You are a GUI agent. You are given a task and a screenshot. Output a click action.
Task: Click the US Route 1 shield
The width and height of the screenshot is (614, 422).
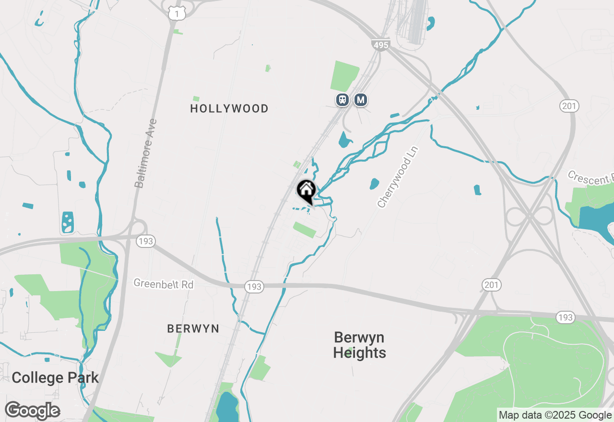(x=177, y=14)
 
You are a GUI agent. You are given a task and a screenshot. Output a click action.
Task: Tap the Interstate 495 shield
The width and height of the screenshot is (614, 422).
(x=380, y=45)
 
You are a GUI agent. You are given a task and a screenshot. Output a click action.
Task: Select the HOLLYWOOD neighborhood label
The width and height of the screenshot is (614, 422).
(x=229, y=109)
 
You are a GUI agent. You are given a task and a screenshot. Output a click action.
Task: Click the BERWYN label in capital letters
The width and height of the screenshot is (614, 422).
(x=193, y=329)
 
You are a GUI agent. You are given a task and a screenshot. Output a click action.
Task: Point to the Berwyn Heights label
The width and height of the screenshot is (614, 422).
(x=359, y=345)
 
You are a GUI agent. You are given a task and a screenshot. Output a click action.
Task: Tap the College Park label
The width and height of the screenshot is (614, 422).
(x=55, y=378)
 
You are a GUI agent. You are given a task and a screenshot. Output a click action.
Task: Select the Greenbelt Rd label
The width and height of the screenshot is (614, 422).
(x=163, y=284)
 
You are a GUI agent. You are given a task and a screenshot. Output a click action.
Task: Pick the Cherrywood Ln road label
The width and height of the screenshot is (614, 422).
(x=398, y=177)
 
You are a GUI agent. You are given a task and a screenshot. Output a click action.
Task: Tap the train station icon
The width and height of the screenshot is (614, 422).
(x=342, y=100)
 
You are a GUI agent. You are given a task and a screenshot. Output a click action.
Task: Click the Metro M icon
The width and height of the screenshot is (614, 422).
(x=361, y=100)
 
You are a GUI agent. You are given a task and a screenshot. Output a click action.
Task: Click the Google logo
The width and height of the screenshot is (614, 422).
(x=33, y=411)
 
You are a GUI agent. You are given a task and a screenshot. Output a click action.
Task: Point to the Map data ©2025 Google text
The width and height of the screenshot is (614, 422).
(x=555, y=415)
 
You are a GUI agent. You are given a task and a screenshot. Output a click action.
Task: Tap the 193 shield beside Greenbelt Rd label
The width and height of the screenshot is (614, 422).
(x=254, y=287)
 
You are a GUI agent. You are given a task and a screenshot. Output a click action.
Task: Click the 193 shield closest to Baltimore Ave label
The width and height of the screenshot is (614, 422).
(x=145, y=241)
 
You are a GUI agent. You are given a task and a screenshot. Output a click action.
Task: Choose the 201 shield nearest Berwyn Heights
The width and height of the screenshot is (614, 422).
(x=491, y=285)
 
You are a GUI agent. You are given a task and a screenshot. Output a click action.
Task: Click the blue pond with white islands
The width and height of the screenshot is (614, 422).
(x=68, y=222)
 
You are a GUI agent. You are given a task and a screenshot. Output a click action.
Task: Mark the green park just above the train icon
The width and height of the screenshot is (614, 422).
(x=344, y=76)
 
